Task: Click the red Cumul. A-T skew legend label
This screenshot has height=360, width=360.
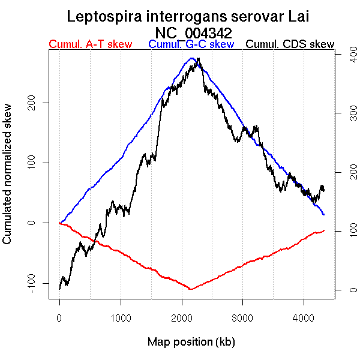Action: tap(90, 44)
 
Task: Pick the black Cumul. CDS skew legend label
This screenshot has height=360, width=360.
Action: tap(290, 44)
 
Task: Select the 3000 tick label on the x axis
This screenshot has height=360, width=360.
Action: tap(243, 318)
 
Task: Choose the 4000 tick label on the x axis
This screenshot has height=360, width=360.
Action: tap(304, 318)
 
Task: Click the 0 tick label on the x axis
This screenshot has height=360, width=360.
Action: tap(59, 318)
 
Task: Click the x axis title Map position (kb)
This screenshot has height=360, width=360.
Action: tap(191, 342)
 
